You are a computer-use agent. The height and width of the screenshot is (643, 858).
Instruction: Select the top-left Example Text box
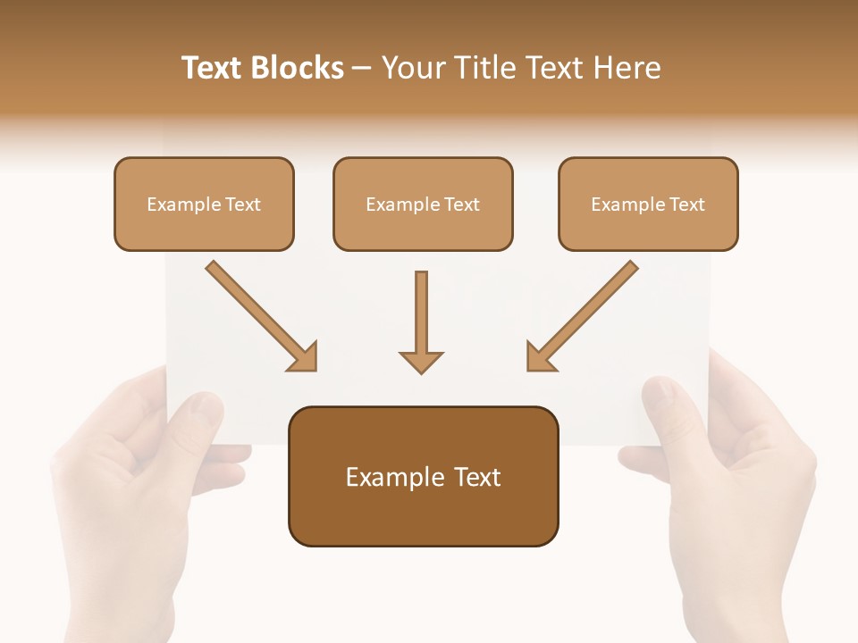(204, 204)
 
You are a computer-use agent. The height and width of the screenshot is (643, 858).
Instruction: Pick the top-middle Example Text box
(423, 204)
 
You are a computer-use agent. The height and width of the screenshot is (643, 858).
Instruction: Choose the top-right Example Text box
(648, 204)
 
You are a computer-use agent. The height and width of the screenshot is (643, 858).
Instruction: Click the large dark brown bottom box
(423, 476)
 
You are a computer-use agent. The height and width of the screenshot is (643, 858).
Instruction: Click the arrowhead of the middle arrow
(421, 362)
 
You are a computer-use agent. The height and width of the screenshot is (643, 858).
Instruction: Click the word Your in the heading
(411, 68)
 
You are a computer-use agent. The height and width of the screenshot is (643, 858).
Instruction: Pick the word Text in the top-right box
(687, 205)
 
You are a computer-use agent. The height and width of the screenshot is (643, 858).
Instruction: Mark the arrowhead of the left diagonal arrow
(304, 357)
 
